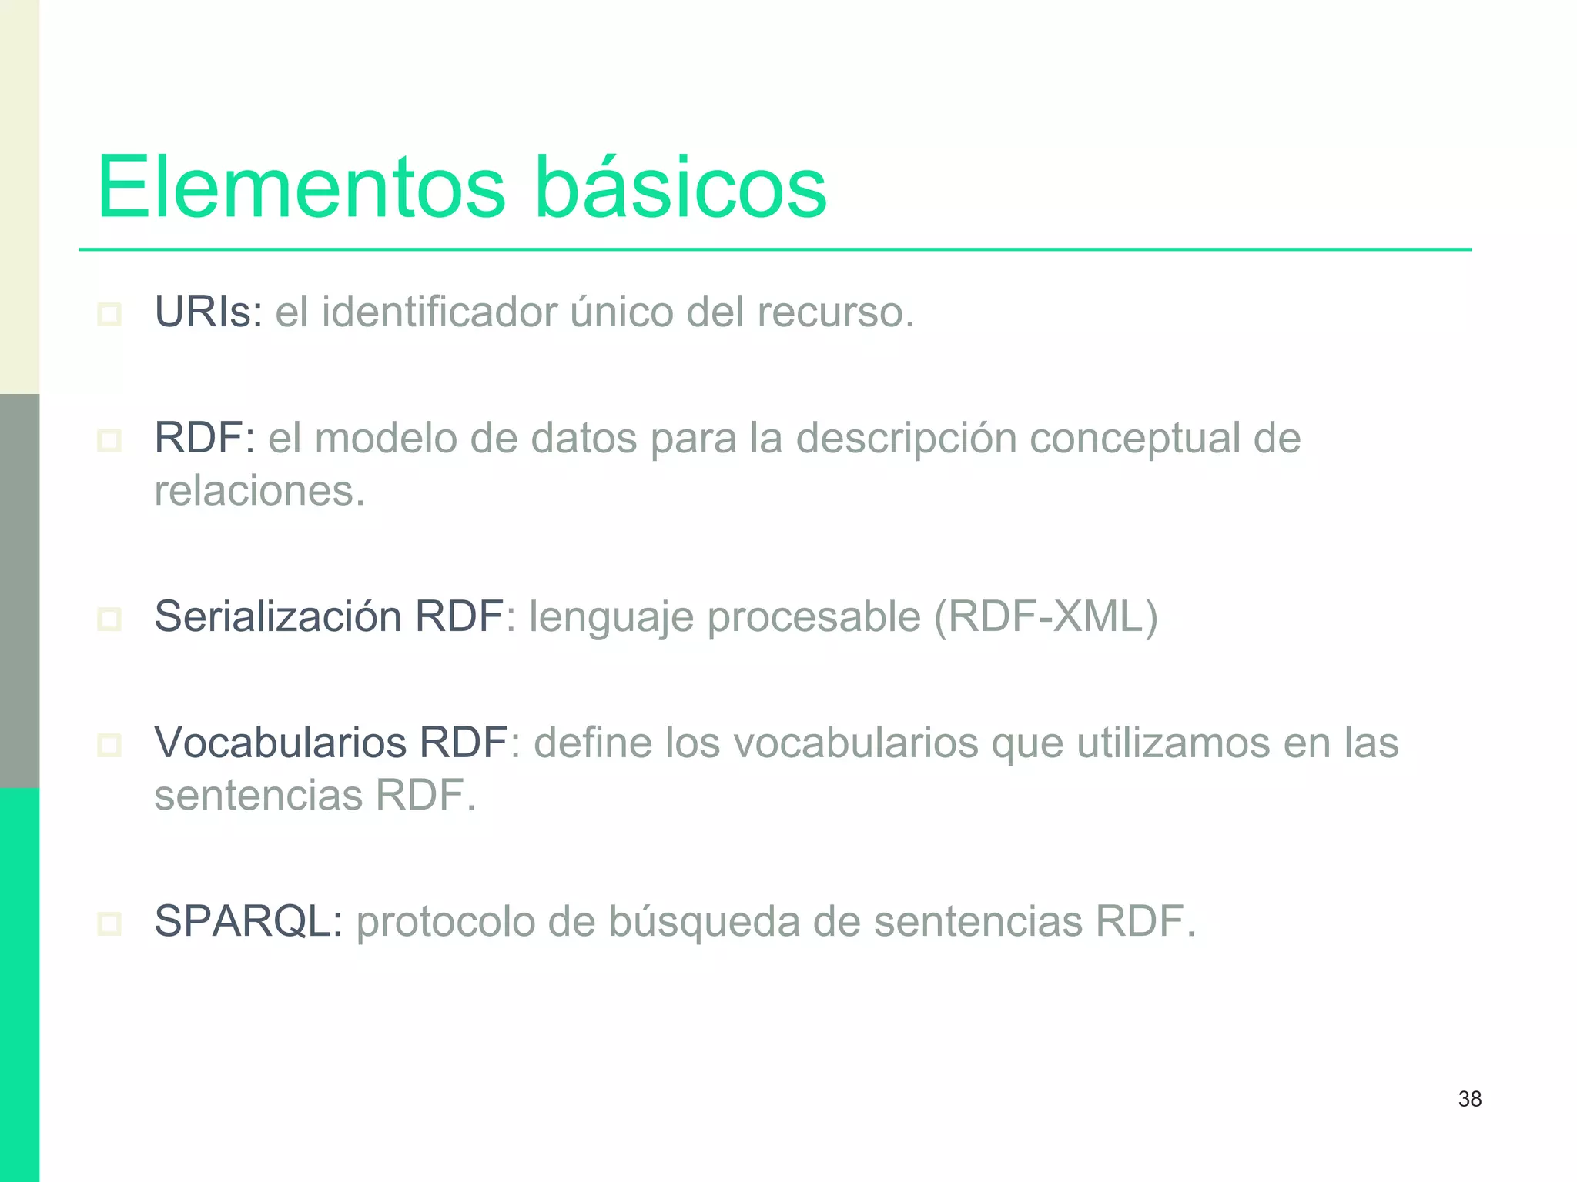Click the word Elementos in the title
click(301, 187)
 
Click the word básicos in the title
click(680, 187)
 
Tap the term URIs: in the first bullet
click(209, 312)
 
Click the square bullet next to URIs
click(109, 314)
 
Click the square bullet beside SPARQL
click(109, 923)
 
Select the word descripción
click(906, 439)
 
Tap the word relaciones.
click(259, 491)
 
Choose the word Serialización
click(277, 616)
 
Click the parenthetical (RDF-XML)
click(1045, 616)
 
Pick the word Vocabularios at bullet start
click(280, 743)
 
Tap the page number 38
click(1469, 1099)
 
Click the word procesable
click(814, 617)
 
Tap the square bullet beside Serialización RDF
click(109, 619)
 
